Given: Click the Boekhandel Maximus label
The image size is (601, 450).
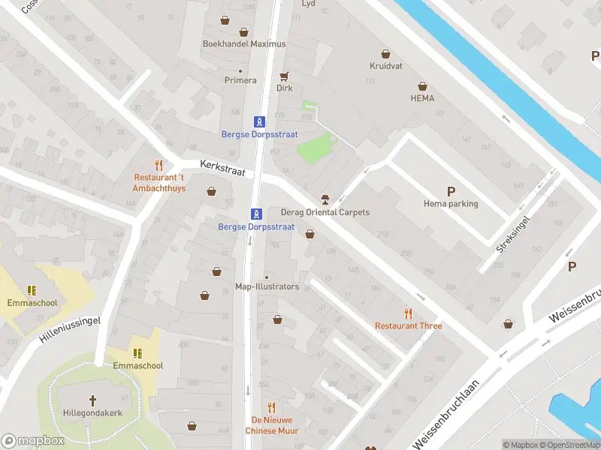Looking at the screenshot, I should [x=244, y=43].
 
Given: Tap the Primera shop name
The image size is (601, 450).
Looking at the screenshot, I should [x=240, y=80].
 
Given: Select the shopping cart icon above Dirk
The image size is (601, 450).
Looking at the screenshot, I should [x=284, y=76].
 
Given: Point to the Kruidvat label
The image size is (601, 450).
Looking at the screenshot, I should [x=385, y=66].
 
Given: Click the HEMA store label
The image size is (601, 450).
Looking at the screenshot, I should [x=421, y=98].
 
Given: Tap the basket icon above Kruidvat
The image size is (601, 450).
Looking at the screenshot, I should [x=385, y=54].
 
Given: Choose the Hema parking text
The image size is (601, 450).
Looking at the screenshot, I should [x=451, y=203].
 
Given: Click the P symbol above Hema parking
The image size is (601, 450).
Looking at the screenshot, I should [x=451, y=191].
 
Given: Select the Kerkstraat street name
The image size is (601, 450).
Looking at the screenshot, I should [x=223, y=168].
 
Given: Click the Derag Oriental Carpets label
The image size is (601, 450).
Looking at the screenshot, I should [x=325, y=212].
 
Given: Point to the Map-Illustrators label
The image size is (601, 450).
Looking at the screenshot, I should [x=267, y=286].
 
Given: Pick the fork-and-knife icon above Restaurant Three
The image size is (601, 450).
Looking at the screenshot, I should [x=409, y=313].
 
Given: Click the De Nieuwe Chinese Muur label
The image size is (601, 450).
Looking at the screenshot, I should [x=271, y=425].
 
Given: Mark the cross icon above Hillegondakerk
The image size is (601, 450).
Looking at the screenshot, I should [x=93, y=400].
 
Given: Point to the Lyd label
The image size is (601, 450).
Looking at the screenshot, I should [x=308, y=4].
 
